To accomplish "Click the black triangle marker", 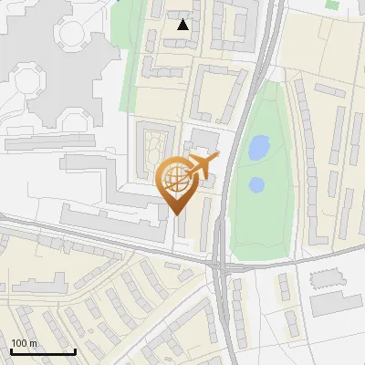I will click(183, 25).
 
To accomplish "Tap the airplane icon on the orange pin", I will click(202, 166).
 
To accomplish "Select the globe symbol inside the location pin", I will click(172, 180).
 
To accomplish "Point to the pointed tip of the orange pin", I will click(173, 214).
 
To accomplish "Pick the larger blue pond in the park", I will click(259, 145).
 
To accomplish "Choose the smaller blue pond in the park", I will click(256, 185).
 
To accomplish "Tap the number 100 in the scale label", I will click(18, 343).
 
